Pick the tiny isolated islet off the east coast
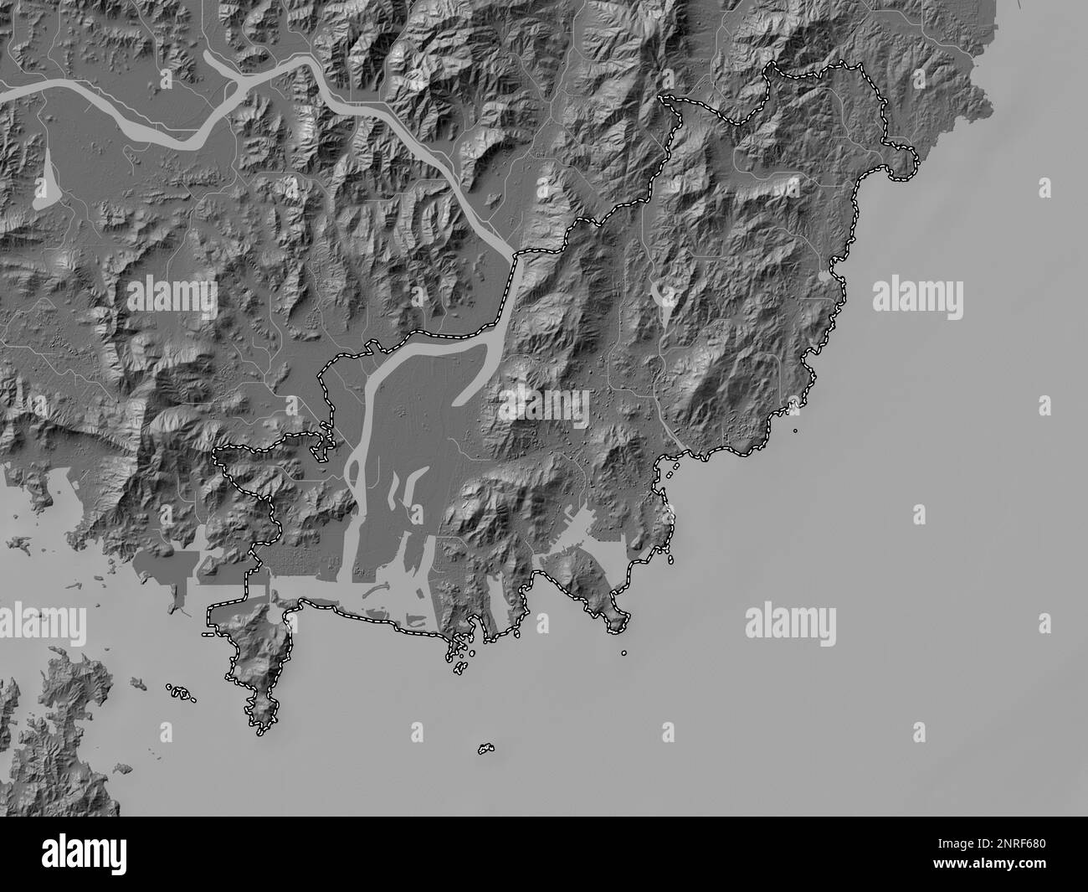tap(794, 431)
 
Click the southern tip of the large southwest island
tap(263, 727)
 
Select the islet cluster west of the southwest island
tap(179, 693)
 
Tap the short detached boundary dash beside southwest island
tap(207, 637)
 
